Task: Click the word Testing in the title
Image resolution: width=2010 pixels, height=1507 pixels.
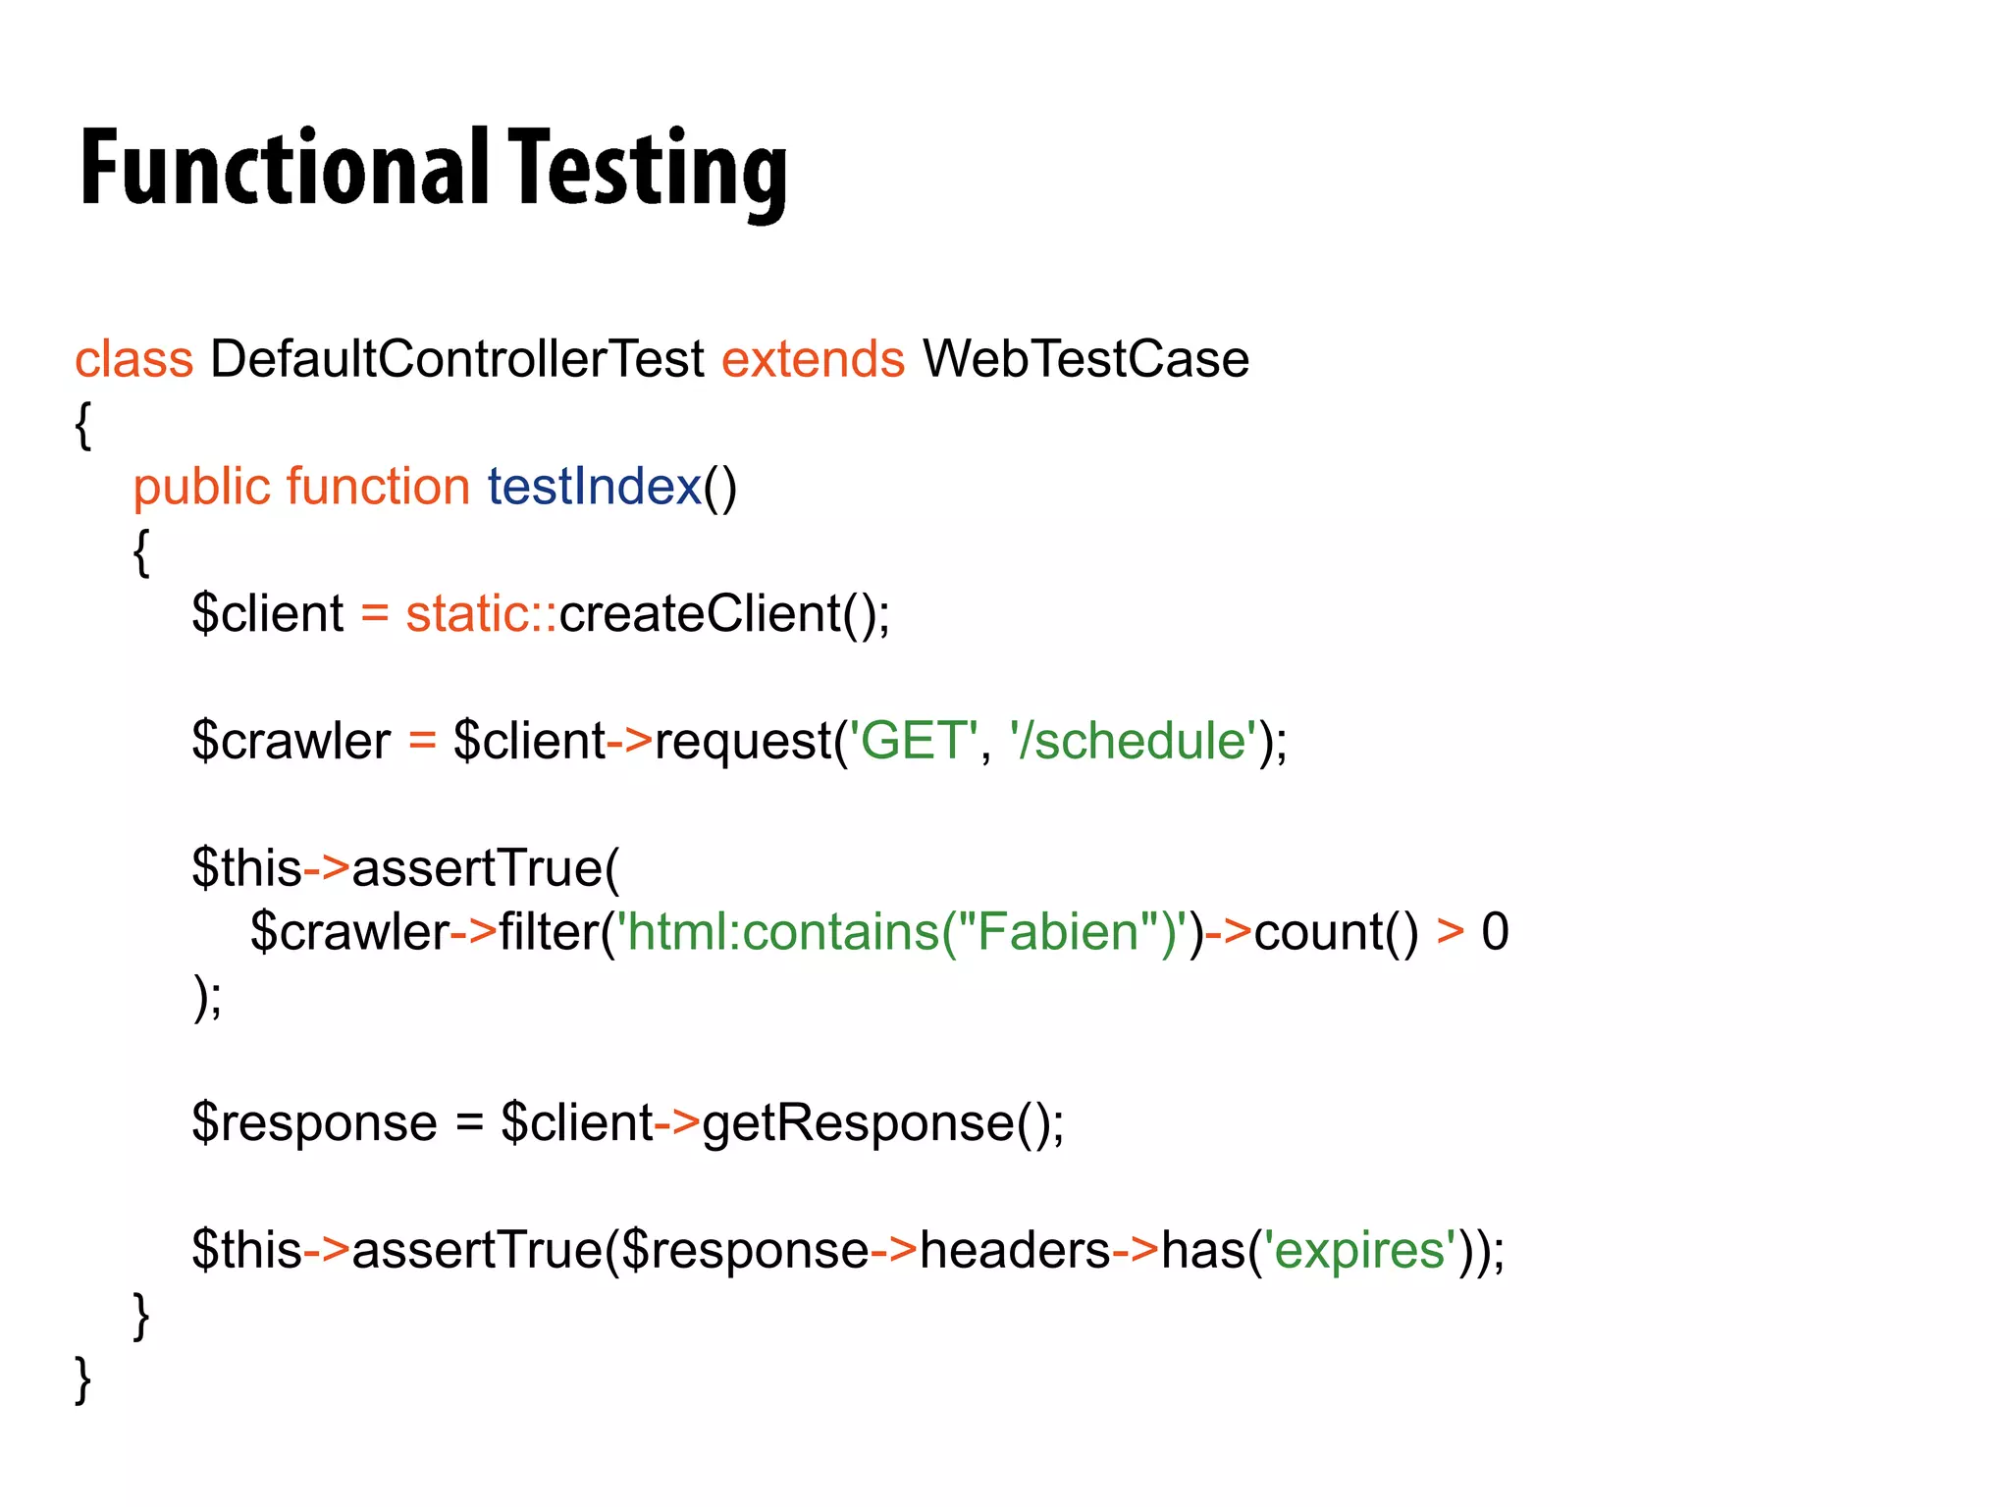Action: point(648,169)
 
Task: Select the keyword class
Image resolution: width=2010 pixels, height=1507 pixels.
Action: point(133,359)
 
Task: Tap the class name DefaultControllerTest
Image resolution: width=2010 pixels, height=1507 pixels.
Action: point(456,359)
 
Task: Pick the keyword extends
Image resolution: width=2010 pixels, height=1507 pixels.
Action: point(813,359)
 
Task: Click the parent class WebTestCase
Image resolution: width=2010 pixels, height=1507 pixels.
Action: point(1085,359)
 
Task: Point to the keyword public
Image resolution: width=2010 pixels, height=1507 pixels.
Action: point(201,488)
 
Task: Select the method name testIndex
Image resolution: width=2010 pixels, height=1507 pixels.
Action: point(594,487)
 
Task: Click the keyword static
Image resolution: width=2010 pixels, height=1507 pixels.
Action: point(468,614)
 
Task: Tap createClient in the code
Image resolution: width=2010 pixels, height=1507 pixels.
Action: point(700,614)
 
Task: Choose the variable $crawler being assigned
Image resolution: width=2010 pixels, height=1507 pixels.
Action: point(291,741)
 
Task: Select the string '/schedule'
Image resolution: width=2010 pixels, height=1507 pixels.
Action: point(1133,741)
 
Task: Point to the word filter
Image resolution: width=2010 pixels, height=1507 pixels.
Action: point(549,931)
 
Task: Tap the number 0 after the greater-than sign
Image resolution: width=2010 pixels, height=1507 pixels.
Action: point(1495,931)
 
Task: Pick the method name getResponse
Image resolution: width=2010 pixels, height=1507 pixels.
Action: point(858,1122)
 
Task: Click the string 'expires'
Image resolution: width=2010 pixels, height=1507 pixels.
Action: point(1359,1250)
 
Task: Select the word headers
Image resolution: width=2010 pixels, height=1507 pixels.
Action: point(1015,1250)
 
